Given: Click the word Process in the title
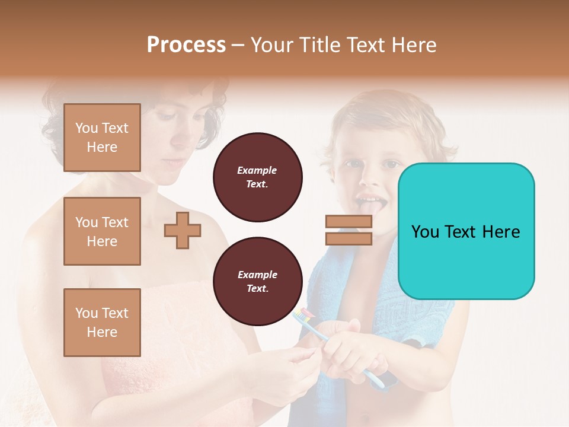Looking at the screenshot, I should point(186,44).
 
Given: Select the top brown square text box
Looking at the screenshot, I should point(102,138).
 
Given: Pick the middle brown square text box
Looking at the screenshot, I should point(102,231).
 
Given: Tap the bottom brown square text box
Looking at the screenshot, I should point(102,322).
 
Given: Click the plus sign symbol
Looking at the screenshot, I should point(182,230).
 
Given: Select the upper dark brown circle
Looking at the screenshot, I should point(257,177).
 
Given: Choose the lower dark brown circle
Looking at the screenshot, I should point(257,282).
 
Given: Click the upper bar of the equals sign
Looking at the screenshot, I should point(349,222).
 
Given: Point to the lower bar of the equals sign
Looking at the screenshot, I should point(349,238).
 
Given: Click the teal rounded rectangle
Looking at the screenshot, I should point(466,231).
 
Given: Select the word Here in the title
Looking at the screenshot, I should point(414,44).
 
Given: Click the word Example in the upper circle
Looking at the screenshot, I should point(257,170).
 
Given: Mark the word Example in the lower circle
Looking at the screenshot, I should point(257,275).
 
